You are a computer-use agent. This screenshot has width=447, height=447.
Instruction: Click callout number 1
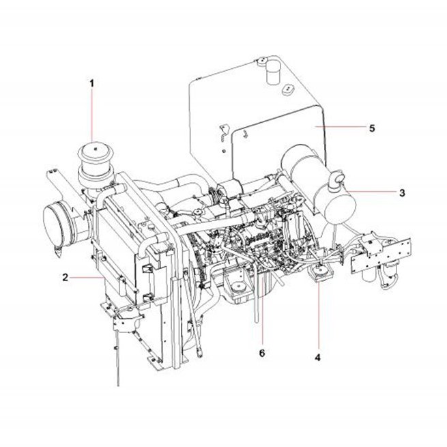click(x=92, y=83)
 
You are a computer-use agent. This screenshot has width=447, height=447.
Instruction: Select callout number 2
click(x=66, y=277)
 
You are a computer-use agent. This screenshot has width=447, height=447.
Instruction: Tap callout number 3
click(x=402, y=193)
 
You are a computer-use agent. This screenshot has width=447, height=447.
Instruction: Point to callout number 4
click(x=317, y=357)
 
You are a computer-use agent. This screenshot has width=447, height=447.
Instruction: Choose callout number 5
click(x=372, y=128)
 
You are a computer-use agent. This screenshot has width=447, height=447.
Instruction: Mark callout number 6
click(x=262, y=353)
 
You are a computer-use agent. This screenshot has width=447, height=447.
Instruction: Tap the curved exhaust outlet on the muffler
click(x=336, y=178)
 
